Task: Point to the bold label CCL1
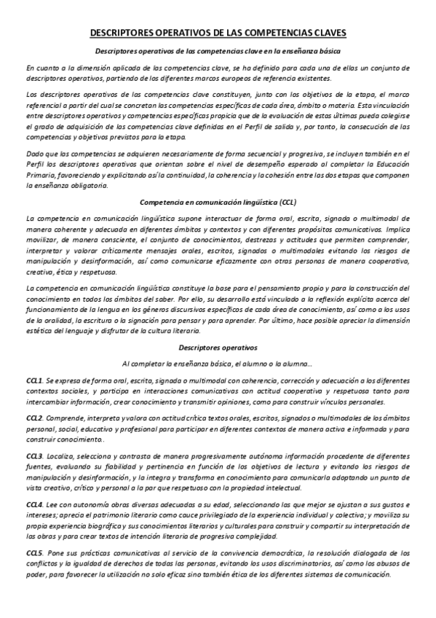click(33, 381)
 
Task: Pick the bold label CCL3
click(33, 455)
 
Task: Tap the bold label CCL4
click(33, 505)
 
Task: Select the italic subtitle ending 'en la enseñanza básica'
click(218, 50)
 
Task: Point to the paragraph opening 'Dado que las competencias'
click(218, 166)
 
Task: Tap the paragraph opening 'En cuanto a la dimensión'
click(218, 73)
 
